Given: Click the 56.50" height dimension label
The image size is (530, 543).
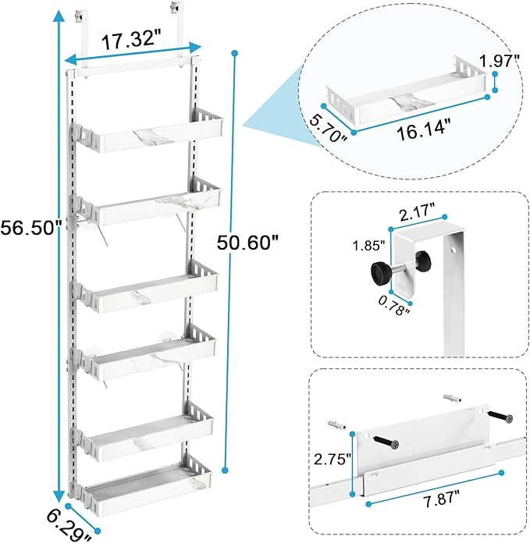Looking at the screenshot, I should click(30, 228).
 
